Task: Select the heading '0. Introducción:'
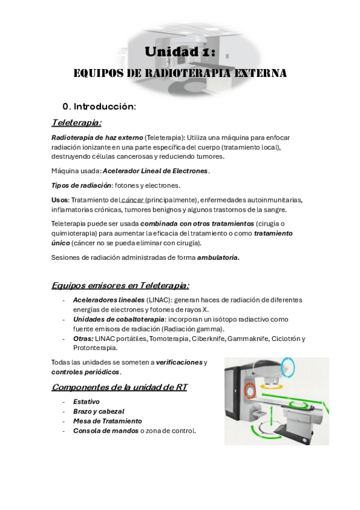(x=99, y=106)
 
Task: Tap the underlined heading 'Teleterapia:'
(x=76, y=123)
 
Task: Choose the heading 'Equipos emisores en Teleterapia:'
(x=121, y=285)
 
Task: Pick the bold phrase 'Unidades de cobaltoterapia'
(x=118, y=319)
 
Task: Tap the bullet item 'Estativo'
(x=86, y=401)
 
